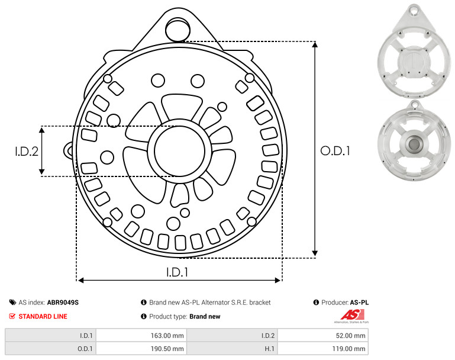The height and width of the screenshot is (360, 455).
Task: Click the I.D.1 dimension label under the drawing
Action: pos(177,272)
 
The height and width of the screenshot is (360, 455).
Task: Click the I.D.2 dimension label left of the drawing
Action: pos(27,151)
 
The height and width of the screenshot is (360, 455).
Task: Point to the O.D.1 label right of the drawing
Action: pos(335,151)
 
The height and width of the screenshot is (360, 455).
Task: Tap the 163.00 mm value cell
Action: pos(141,336)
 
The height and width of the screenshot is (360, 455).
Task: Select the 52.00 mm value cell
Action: pos(323,336)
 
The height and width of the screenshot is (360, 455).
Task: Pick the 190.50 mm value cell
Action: pos(141,348)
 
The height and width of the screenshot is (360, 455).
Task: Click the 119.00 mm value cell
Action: pos(323,348)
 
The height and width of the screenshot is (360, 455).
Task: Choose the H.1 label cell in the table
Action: pos(232,348)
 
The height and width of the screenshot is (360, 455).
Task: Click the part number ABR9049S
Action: pos(63,303)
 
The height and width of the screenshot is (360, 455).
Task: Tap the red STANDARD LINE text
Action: pos(43,316)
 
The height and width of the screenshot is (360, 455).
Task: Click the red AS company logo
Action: pos(352,315)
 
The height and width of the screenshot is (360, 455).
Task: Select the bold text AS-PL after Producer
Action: pos(359,303)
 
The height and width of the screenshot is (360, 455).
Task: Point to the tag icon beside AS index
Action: pos(12,303)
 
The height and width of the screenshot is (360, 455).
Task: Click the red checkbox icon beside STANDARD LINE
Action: pos(12,316)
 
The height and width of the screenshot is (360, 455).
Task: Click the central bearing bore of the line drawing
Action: pos(180,151)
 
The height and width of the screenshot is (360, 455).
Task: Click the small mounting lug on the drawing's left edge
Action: pos(69,150)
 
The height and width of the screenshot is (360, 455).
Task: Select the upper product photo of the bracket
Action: pos(414,51)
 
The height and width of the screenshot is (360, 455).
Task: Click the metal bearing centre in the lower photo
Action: pos(414,144)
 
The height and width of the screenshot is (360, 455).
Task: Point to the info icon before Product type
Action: pos(144,316)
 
